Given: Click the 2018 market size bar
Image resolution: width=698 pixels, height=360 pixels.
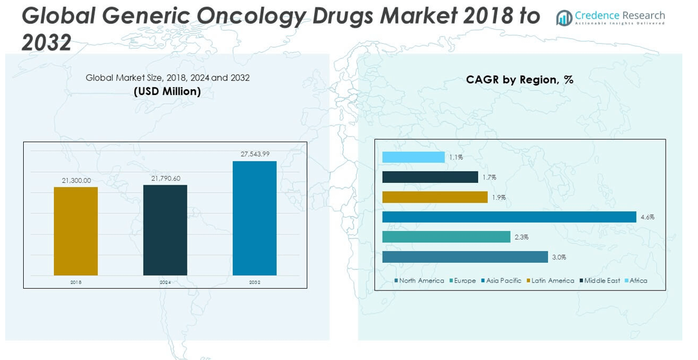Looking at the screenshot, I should tap(76, 231).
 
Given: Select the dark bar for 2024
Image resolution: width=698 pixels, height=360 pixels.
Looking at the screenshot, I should tap(165, 230).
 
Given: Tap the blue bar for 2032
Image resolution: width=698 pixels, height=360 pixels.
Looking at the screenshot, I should tap(255, 218).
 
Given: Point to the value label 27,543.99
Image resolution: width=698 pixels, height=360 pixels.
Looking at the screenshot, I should tap(255, 154).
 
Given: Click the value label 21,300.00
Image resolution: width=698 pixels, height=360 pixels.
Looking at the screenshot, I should tap(76, 181).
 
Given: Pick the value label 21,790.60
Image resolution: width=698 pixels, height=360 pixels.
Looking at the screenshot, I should tap(166, 178).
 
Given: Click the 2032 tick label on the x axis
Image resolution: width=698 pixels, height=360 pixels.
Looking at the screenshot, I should tap(255, 282).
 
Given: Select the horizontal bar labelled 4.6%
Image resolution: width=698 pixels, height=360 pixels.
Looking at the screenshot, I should tap(509, 217).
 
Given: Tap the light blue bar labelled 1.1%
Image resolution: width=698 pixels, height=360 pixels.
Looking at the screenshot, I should tap(413, 157).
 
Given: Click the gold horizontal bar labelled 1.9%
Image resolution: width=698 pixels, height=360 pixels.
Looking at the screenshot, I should tap(435, 197).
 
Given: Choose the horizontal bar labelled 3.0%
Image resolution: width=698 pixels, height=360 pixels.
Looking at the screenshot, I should tap(465, 257).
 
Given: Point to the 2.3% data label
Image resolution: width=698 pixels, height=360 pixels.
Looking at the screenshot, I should tap(521, 237).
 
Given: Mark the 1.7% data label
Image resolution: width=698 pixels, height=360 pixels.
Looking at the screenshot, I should tap(489, 178).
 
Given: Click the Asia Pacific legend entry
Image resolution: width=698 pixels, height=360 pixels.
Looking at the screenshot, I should tap(501, 281).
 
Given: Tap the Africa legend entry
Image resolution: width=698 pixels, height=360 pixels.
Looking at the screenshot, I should tap(635, 281).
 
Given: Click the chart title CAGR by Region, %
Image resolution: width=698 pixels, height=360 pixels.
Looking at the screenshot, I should tap(519, 80).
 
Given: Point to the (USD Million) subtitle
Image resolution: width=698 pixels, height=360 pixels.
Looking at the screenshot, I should tap(167, 91).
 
